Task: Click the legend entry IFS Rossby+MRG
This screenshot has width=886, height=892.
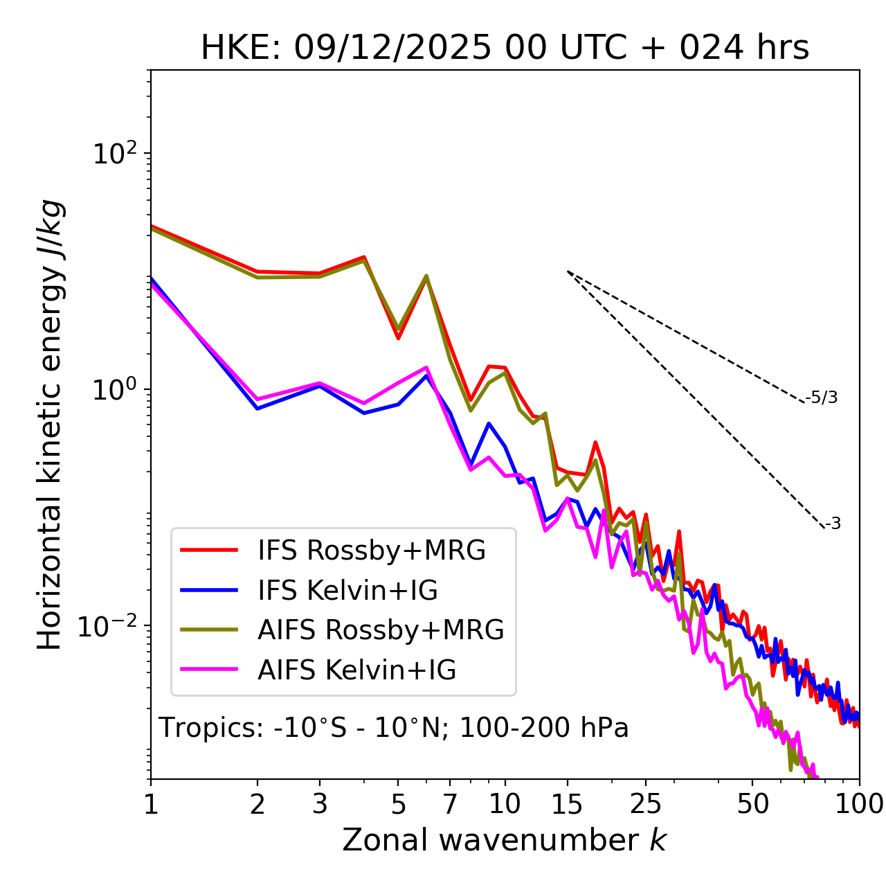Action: pyautogui.click(x=371, y=551)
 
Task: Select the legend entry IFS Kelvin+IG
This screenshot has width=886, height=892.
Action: pyautogui.click(x=347, y=591)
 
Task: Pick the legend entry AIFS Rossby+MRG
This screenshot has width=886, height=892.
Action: pyautogui.click(x=381, y=630)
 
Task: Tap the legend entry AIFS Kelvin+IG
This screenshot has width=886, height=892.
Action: pyautogui.click(x=356, y=670)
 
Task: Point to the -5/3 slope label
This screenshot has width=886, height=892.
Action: pyautogui.click(x=822, y=398)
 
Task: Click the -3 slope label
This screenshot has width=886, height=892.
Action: pyautogui.click(x=833, y=524)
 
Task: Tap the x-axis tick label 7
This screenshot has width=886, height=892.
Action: pyautogui.click(x=450, y=804)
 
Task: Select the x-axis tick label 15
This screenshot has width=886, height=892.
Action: pyautogui.click(x=567, y=804)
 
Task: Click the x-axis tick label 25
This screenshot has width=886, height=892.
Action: pyautogui.click(x=646, y=804)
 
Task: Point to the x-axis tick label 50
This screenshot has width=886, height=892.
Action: pyautogui.click(x=752, y=804)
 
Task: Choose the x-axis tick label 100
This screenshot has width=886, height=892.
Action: pyautogui.click(x=859, y=804)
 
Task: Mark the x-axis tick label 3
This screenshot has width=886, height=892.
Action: pyautogui.click(x=320, y=804)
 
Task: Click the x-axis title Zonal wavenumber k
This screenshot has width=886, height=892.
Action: pyautogui.click(x=504, y=840)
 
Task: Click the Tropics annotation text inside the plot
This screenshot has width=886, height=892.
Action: pyautogui.click(x=393, y=728)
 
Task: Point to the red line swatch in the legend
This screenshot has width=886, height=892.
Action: pyautogui.click(x=209, y=551)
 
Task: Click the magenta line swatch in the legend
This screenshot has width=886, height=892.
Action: pyautogui.click(x=209, y=670)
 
